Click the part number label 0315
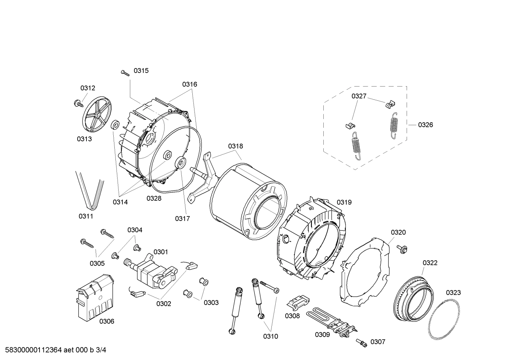pyautogui.click(x=141, y=71)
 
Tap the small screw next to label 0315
pyautogui.click(x=125, y=72)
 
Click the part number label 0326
pyautogui.click(x=425, y=125)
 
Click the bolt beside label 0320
pyautogui.click(x=401, y=248)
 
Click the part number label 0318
pyautogui.click(x=235, y=146)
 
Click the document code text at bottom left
pyautogui.click(x=53, y=350)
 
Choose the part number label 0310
pyautogui.click(x=270, y=336)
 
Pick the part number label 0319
pyautogui.click(x=344, y=202)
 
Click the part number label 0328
pyautogui.click(x=154, y=198)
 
